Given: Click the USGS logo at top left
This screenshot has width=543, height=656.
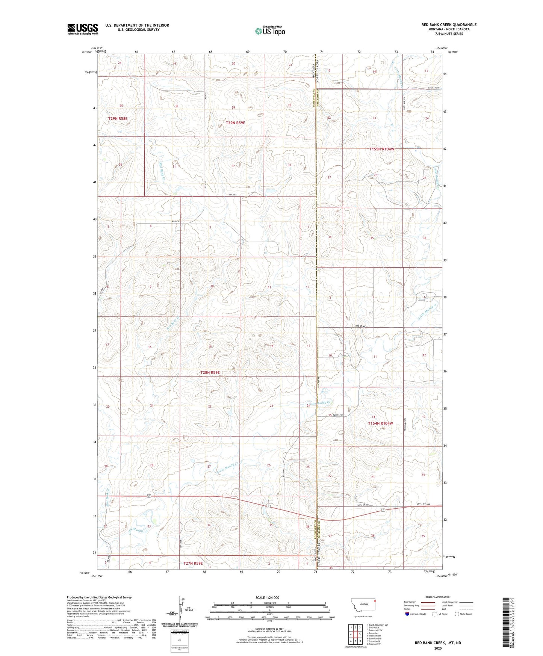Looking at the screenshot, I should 83,29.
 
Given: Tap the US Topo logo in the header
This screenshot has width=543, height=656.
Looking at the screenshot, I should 270,31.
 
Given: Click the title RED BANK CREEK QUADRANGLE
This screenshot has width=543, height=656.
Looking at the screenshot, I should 449,25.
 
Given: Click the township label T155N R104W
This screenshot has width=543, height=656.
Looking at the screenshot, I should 382,149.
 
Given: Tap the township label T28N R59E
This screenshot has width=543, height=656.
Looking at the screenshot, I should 210,372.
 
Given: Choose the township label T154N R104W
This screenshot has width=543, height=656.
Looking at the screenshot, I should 380,423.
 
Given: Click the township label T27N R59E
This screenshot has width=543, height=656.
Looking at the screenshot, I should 193,563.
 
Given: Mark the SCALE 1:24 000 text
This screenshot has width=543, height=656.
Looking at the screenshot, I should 267,597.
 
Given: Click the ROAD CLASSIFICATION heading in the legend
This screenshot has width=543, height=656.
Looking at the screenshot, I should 438,597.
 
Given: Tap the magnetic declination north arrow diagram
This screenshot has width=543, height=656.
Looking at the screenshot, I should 182,611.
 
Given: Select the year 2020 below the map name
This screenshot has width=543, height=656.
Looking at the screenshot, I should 438,648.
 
